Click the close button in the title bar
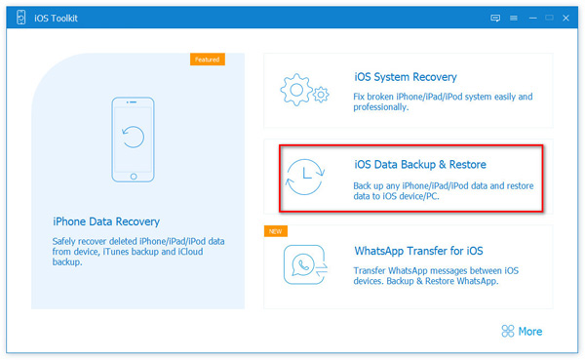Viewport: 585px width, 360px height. point(565,17)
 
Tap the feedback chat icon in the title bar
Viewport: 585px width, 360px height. point(495,17)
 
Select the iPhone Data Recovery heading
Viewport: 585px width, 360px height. point(106,221)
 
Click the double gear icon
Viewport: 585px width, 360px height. point(305,90)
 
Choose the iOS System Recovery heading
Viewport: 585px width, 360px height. point(406,77)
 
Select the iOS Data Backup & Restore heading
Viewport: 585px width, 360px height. point(420,164)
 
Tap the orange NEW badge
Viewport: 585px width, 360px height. point(276,231)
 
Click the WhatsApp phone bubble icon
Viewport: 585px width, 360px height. point(305,262)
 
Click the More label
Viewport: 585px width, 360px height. point(530,332)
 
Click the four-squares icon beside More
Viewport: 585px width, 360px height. point(507,332)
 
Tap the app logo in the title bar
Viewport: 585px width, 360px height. point(19,17)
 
